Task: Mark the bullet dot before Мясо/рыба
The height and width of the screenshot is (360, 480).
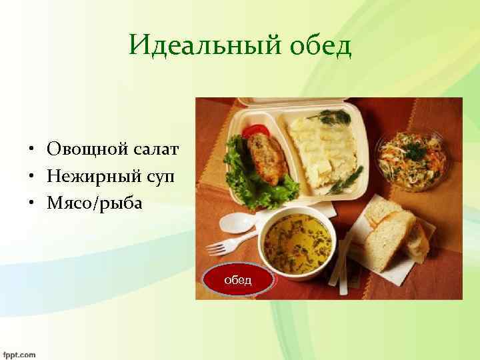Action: coord(31,204)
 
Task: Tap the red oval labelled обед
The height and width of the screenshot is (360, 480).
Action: coord(238,280)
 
